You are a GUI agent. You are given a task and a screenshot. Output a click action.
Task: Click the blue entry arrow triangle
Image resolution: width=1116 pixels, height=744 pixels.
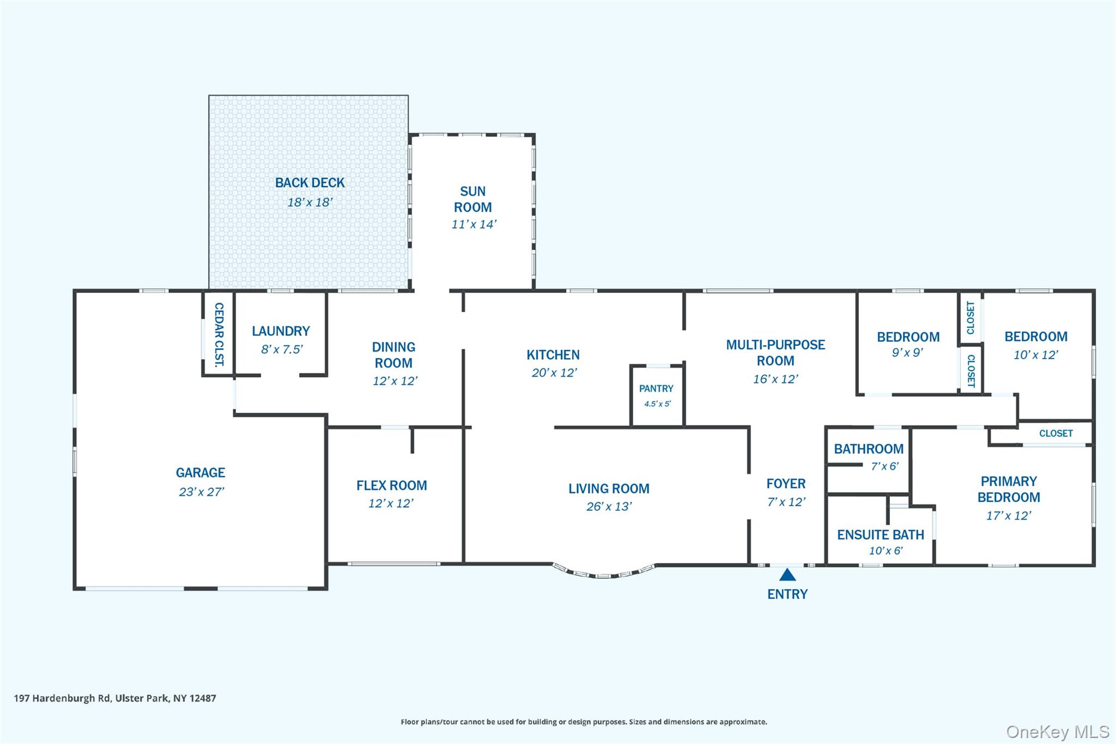click(x=787, y=575)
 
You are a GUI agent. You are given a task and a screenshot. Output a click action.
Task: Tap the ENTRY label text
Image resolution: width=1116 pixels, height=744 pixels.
click(x=787, y=594)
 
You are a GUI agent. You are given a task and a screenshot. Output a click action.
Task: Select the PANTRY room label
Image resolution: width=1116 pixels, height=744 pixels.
click(x=656, y=389)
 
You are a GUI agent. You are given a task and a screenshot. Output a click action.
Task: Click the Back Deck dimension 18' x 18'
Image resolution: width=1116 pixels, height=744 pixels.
click(x=310, y=202)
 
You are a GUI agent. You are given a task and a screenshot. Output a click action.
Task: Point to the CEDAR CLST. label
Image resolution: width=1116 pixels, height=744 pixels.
click(x=219, y=334)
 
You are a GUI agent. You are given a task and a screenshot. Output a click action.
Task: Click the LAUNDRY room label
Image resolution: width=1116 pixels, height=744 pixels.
click(x=281, y=331)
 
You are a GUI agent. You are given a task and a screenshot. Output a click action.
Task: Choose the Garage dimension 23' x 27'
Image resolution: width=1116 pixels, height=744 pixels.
click(x=201, y=492)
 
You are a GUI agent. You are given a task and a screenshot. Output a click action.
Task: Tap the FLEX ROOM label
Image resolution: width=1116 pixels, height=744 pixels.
click(x=391, y=485)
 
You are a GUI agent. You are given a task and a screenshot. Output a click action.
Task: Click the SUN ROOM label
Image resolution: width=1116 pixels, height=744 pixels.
click(x=472, y=199)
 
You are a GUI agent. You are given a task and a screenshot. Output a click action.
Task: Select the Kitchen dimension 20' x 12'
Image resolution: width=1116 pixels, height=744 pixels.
click(x=554, y=373)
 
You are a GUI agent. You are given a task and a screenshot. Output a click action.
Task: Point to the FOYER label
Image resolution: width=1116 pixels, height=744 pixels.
click(x=786, y=483)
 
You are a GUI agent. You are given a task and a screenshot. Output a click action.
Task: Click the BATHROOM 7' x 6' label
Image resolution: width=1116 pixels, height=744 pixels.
click(x=869, y=450)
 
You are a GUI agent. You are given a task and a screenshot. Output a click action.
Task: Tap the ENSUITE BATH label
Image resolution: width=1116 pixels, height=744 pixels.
click(x=881, y=535)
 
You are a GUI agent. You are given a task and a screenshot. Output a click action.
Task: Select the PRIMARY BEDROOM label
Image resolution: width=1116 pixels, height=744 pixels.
click(x=1009, y=489)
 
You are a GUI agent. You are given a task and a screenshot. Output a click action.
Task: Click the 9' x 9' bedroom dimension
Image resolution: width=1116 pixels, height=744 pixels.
click(x=907, y=353)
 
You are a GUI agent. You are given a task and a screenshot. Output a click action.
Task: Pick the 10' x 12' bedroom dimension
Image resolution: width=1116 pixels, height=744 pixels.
click(x=1035, y=355)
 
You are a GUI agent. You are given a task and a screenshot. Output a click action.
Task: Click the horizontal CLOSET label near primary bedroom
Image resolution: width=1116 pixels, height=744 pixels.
click(x=1056, y=433)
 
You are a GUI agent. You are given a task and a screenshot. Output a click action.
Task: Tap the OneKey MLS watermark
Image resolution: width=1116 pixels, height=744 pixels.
click(x=1057, y=731)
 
